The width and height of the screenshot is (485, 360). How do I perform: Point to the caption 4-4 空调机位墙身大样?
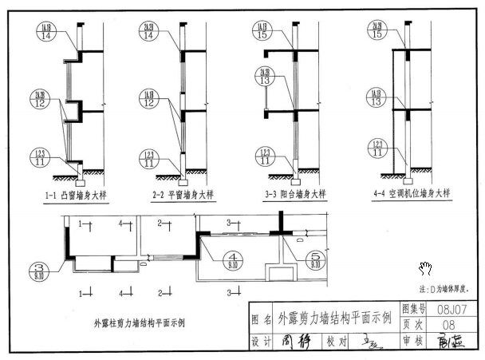point(411,193)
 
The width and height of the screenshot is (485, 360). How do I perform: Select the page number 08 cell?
point(449,324)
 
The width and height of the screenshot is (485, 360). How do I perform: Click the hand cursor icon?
point(426,268)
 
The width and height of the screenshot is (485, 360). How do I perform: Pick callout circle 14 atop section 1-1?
point(45,31)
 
